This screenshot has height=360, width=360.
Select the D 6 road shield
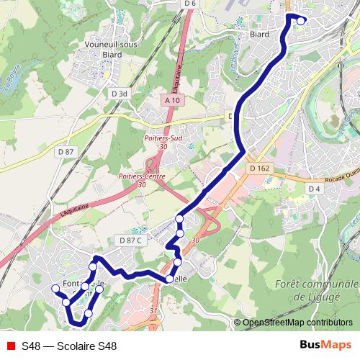tap(190, 4)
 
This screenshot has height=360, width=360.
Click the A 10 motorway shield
tap(171, 102)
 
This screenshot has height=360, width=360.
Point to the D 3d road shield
tap(119, 93)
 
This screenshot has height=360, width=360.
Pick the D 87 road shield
tap(66, 150)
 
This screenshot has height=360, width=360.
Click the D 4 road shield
tap(313, 189)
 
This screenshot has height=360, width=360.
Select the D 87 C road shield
tap(132, 240)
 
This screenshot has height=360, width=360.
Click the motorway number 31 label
tap(153, 310)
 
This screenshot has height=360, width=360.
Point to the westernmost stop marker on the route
tap(55, 289)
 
